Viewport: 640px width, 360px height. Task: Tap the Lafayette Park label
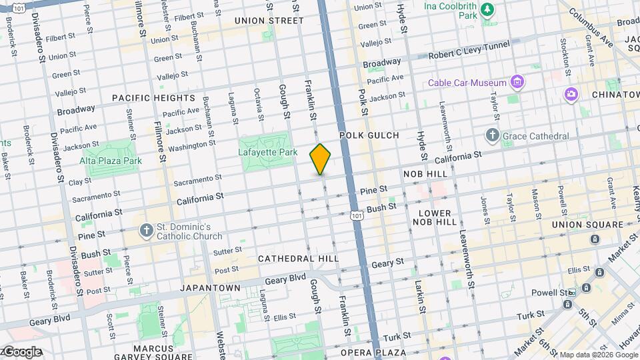coord(268,152)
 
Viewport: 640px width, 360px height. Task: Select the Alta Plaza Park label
coord(111,161)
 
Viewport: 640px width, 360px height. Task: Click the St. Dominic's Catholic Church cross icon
coord(147,231)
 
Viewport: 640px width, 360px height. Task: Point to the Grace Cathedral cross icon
coord(492,136)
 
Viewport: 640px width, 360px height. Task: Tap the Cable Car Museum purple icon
coord(516,83)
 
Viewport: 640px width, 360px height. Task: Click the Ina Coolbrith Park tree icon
coord(488,9)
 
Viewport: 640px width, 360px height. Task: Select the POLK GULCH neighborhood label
coord(369,135)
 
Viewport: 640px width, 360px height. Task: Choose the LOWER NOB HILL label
coord(435,218)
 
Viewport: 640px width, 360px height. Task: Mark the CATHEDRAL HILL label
coord(298,258)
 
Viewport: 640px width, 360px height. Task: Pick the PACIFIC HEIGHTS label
coord(153,97)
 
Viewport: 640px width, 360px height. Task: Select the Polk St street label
coord(363,101)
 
